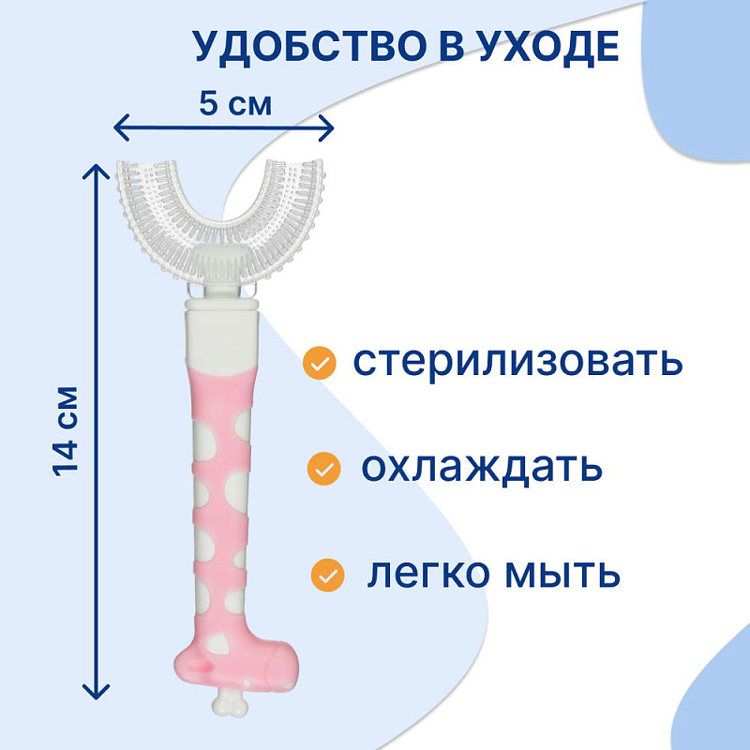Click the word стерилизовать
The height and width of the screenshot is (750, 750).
click(517, 362)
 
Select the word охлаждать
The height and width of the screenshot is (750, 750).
click(480, 466)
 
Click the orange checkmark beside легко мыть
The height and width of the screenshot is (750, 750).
click(327, 572)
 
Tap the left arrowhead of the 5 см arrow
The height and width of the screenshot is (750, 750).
click(118, 127)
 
